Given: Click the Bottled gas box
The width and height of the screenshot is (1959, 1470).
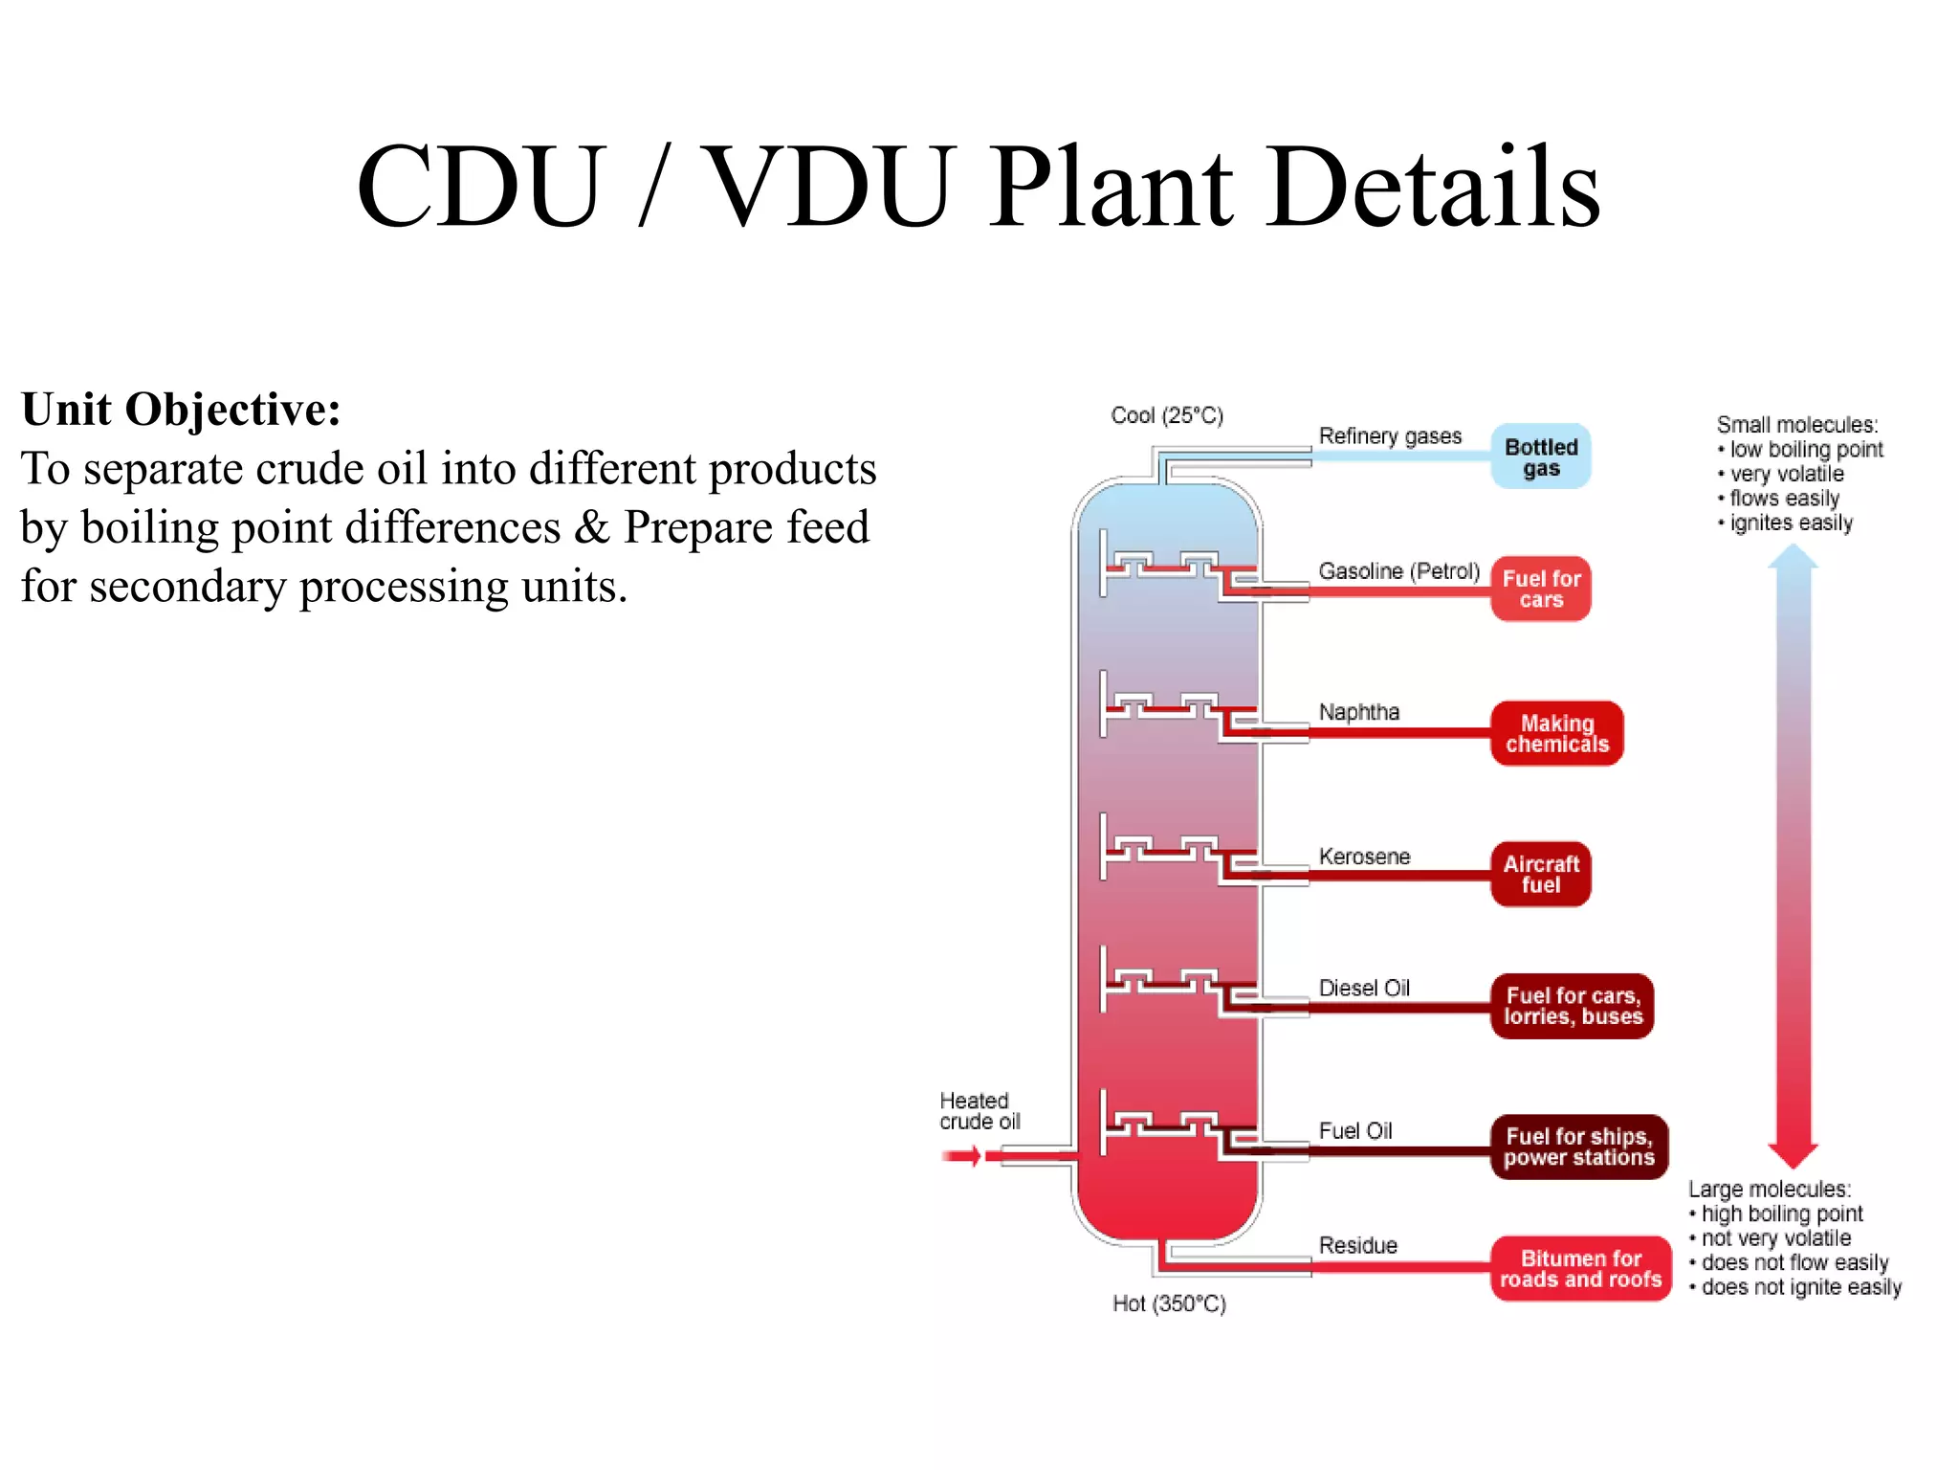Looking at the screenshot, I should coord(1540,457).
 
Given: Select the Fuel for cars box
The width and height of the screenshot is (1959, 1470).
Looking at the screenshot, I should coord(1540,589).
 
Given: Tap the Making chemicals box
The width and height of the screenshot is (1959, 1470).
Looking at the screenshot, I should coord(1556,733).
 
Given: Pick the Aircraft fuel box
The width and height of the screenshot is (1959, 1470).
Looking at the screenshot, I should coord(1540,874).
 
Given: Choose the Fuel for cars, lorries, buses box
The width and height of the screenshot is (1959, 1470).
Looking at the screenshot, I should coord(1572,1006).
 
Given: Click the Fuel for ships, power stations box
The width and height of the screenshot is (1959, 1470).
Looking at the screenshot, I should coord(1578,1147).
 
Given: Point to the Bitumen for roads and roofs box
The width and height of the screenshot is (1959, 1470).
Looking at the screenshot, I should coord(1580,1268).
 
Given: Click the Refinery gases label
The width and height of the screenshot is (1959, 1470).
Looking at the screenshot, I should coord(1390,436).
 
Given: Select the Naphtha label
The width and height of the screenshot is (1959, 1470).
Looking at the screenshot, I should coord(1358,712).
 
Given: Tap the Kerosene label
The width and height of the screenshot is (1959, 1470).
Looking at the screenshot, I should coord(1364,857).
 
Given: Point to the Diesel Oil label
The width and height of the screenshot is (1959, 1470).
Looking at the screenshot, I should coord(1364,988).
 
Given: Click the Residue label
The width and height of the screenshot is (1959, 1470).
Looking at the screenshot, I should coord(1357,1245).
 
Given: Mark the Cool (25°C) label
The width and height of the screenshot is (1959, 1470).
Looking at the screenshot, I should coord(1167,415).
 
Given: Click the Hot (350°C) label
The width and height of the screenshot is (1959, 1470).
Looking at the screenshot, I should coord(1169,1303).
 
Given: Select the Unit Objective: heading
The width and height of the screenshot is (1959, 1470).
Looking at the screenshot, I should coord(181,410).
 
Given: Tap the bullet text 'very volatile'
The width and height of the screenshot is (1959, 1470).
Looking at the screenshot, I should coord(1786,474).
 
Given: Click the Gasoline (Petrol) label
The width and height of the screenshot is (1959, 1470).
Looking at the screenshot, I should coord(1398,571).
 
